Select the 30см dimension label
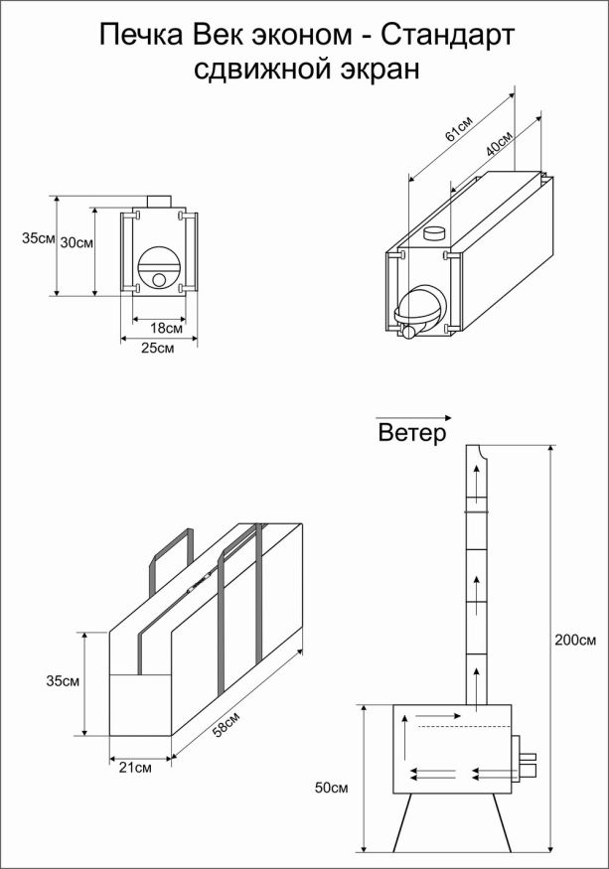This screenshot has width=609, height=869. pyautogui.click(x=76, y=241)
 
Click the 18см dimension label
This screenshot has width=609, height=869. pyautogui.click(x=166, y=328)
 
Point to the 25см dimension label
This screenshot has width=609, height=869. pyautogui.click(x=158, y=349)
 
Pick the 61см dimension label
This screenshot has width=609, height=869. pyautogui.click(x=459, y=130)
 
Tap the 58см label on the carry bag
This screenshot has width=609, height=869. pyautogui.click(x=225, y=727)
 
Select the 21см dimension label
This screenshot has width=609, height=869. pyautogui.click(x=136, y=768)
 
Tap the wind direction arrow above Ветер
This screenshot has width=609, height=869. pyautogui.click(x=413, y=418)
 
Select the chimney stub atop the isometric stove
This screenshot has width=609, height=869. pyautogui.click(x=434, y=234)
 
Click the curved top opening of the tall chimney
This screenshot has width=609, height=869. pyautogui.click(x=480, y=453)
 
